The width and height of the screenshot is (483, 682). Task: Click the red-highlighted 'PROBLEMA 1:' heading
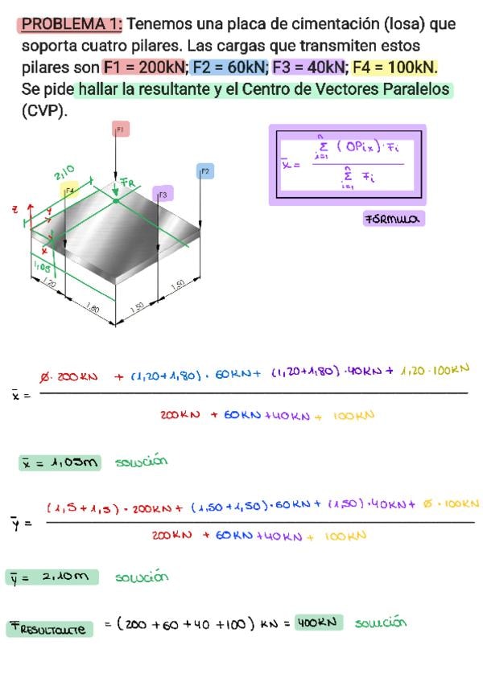(x=70, y=24)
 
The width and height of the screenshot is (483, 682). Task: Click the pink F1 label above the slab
(x=121, y=129)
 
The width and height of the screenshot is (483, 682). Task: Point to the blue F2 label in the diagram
(x=204, y=171)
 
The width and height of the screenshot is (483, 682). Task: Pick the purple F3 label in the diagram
(x=163, y=194)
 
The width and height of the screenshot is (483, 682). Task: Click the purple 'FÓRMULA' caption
(x=394, y=219)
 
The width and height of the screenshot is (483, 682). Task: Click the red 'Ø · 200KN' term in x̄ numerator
(x=68, y=376)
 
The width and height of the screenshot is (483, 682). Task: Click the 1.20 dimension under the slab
(x=48, y=284)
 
